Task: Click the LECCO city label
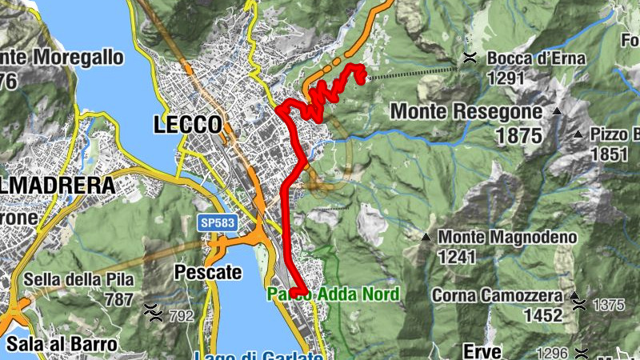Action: (187, 125)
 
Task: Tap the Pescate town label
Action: (207, 272)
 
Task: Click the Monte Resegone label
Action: (466, 111)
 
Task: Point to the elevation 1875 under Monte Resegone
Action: (518, 135)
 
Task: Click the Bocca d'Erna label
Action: (536, 58)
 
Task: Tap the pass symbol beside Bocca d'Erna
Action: (471, 57)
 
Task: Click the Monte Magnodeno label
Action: (507, 237)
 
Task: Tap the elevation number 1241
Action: (457, 257)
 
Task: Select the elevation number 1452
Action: (542, 315)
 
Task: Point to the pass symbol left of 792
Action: (151, 309)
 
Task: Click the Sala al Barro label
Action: (60, 344)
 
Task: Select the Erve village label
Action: (482, 351)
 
